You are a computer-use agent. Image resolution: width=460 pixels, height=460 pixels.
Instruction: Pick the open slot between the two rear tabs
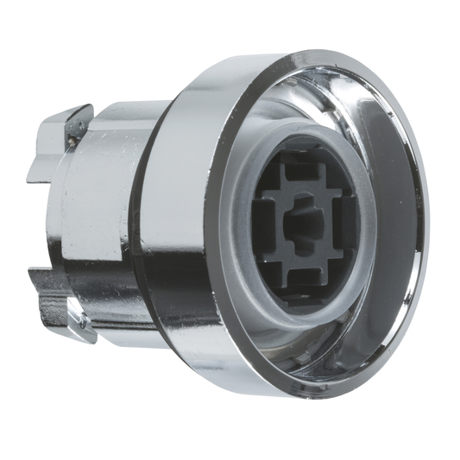[43, 216]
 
